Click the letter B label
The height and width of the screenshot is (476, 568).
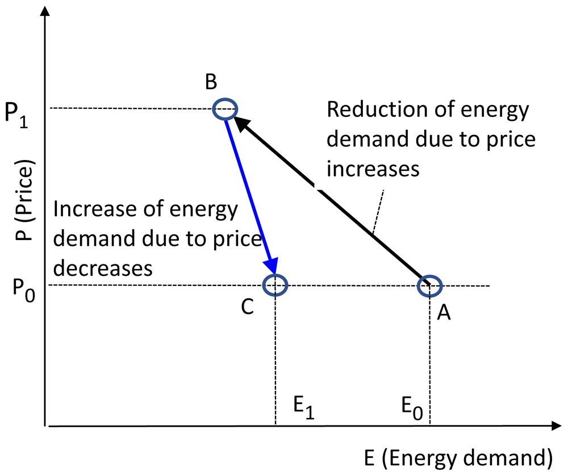tap(211, 82)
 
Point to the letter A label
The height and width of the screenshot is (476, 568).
tap(444, 313)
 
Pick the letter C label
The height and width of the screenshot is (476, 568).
tap(248, 307)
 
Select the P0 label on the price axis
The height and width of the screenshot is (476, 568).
tap(24, 290)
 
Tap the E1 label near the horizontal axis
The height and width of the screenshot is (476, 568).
tap(304, 408)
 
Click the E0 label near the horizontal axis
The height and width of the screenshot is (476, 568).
tap(412, 408)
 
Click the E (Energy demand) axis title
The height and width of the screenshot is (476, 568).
tap(458, 457)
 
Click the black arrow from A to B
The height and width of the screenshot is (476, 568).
tap(332, 201)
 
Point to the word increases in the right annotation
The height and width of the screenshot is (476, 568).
tap(373, 169)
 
